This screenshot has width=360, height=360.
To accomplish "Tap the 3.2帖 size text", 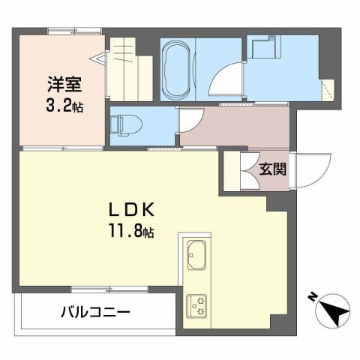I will click(62, 106).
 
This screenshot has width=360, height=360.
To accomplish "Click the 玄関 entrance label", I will click(271, 169).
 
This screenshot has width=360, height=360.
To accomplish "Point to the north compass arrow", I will click(332, 309).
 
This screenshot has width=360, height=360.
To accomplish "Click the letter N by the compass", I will click(312, 298).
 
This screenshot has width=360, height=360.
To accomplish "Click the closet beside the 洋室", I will click(127, 71).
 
